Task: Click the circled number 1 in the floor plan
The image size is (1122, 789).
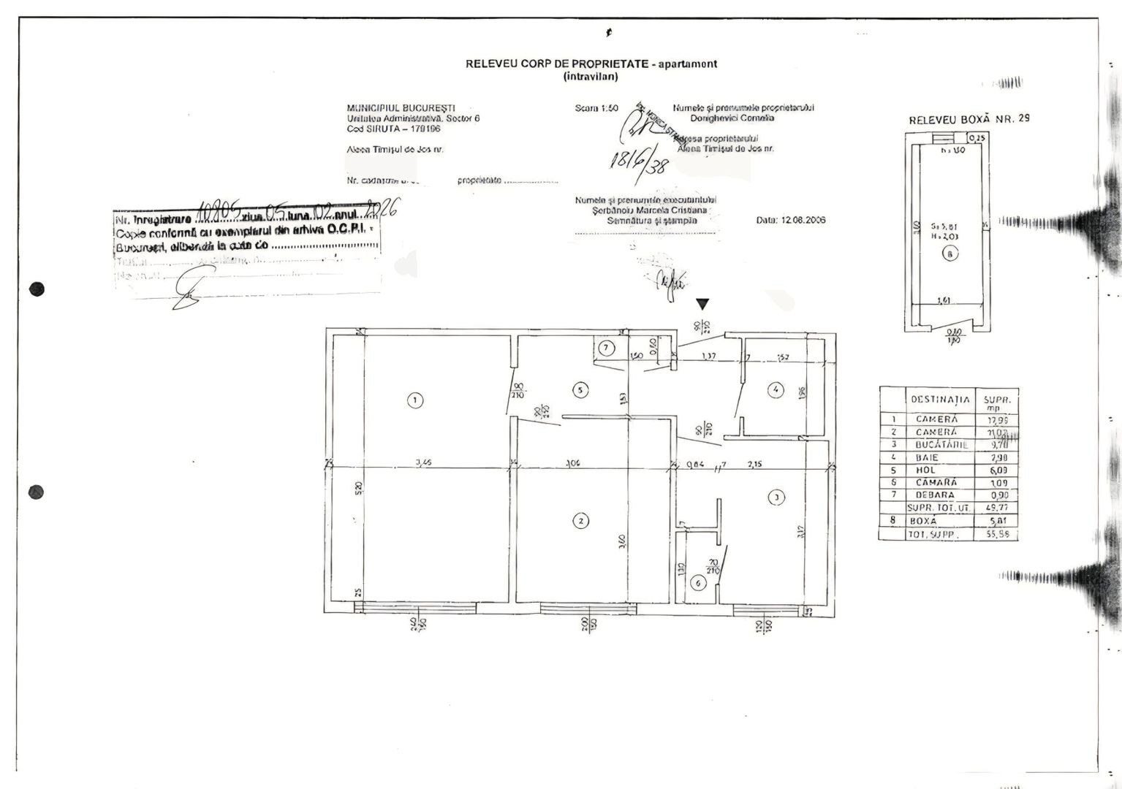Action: pos(414,400)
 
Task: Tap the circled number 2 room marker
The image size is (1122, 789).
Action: pos(580,521)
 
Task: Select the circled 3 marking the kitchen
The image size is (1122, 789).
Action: pos(776,498)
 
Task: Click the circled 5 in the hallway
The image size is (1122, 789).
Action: pos(580,390)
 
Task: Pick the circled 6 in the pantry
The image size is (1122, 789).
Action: pos(698,583)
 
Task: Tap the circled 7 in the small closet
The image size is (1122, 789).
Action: pos(605,348)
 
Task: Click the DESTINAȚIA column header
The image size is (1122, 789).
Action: pos(940,400)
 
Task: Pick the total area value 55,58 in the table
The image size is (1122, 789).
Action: pos(998,535)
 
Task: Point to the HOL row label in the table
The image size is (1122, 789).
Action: pos(925,470)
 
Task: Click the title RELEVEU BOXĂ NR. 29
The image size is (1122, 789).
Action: pos(969,119)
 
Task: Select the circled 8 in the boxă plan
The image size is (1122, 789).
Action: pos(949,254)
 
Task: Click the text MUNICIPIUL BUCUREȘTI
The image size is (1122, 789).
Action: pos(401,108)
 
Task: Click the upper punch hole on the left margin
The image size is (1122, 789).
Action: pos(37,289)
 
